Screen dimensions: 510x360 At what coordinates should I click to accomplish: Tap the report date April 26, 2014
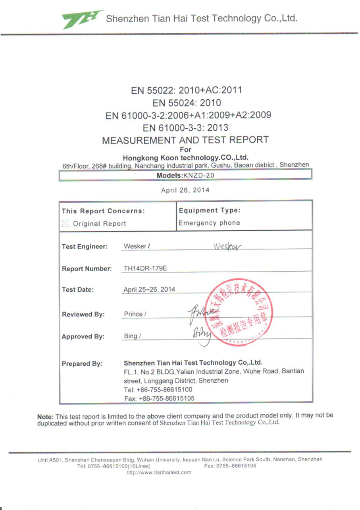coord(185,190)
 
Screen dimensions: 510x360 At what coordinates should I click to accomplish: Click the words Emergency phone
coord(210,223)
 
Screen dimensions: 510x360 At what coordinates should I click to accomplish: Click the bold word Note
coord(45,416)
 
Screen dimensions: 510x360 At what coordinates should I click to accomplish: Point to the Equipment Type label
coord(210,210)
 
